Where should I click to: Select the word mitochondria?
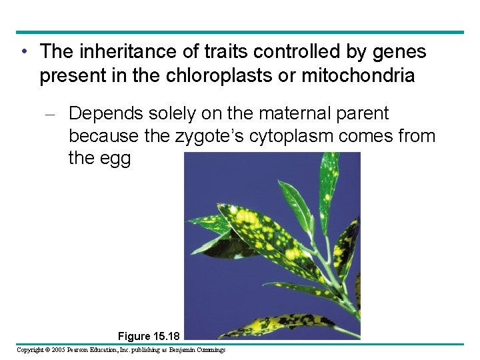358,75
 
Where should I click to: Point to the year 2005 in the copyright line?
65,350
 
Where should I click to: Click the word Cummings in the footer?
209,350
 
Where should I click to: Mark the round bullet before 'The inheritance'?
23,51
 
